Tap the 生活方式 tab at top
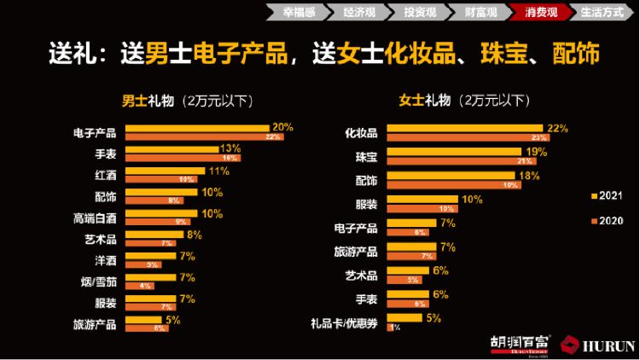point(602,13)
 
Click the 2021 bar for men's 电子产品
point(197,128)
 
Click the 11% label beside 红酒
point(218,171)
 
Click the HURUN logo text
point(608,345)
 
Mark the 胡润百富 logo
point(521,344)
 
